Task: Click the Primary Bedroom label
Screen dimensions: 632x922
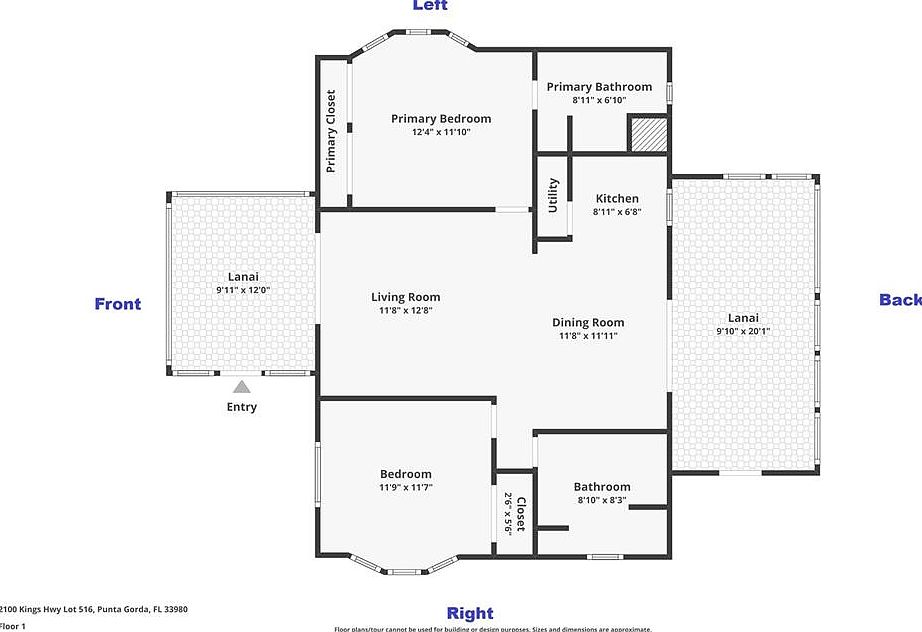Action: pos(440,119)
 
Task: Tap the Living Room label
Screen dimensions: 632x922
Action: pos(405,297)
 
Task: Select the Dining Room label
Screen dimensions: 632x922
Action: pos(588,322)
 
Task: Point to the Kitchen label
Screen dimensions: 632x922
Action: pos(616,199)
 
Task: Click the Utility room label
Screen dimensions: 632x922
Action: pos(553,194)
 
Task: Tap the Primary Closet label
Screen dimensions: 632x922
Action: pos(331,131)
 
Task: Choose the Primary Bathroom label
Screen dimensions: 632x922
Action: pos(599,87)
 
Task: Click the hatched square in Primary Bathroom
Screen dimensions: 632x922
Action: pos(647,134)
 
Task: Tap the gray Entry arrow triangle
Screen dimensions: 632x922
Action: pos(241,386)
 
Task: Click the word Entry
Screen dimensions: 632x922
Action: pos(241,407)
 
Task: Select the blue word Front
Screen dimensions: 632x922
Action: pos(118,304)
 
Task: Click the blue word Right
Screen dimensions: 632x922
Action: pos(469,613)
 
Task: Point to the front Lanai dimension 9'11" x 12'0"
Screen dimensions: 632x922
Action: pos(243,290)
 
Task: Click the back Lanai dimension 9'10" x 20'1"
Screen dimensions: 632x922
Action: pos(743,331)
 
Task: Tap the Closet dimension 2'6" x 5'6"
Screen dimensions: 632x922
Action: pos(508,514)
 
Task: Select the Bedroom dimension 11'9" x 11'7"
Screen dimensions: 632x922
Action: pos(405,487)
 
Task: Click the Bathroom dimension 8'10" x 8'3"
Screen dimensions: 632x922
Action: pos(602,500)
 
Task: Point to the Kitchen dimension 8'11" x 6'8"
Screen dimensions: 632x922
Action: pos(616,212)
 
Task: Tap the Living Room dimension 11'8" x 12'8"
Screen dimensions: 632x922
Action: pos(405,310)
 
